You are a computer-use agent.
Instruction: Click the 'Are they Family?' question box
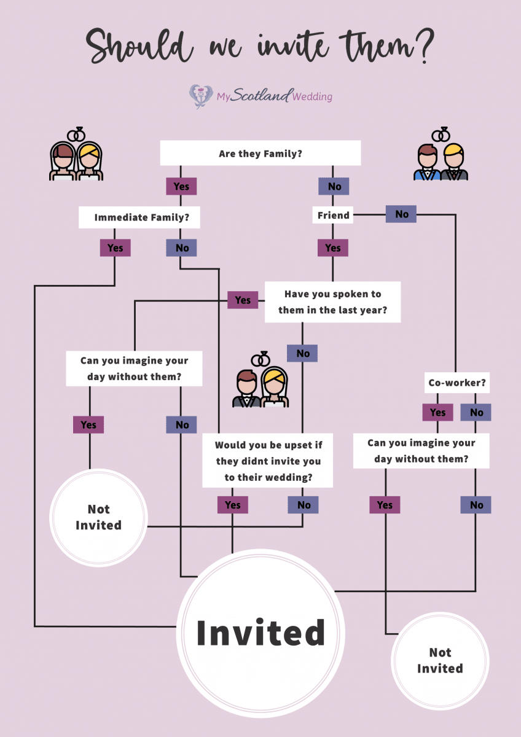coord(260,154)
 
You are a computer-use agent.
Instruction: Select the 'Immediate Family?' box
coord(139,217)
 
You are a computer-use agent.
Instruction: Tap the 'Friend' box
coord(333,216)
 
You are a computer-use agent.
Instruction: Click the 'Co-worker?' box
coord(457,383)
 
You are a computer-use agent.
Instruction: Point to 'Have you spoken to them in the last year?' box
coord(332,302)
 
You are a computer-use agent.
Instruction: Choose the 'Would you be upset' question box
coord(268,461)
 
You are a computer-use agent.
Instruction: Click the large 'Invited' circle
coord(260,633)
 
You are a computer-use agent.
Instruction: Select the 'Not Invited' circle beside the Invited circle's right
coord(440,660)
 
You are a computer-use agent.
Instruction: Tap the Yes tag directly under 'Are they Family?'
coord(181,186)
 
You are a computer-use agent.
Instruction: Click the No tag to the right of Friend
coord(401,214)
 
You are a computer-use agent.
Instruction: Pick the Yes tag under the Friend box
coord(333,248)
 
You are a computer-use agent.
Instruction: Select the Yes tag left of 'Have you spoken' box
coord(243,300)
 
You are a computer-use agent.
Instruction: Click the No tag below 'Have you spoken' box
coord(303,353)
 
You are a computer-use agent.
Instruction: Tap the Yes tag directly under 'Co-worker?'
coord(437,412)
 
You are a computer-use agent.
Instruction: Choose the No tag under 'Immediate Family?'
coord(182,248)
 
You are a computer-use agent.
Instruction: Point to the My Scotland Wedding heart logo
coord(201,96)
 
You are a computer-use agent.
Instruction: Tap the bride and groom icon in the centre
coord(260,381)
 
